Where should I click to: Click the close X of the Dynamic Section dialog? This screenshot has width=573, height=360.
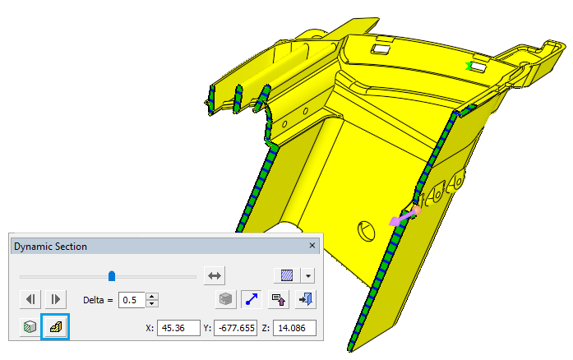pyautogui.click(x=312, y=246)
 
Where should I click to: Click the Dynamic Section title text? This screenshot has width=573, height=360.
pyautogui.click(x=50, y=246)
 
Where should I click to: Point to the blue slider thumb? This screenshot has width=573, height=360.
pyautogui.click(x=112, y=276)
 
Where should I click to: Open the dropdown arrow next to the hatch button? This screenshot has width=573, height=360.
pyautogui.click(x=307, y=276)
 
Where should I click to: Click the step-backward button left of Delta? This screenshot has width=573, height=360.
pyautogui.click(x=30, y=299)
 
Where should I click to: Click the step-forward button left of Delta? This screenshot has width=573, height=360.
pyautogui.click(x=54, y=299)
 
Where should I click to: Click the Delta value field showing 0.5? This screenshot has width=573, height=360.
pyautogui.click(x=132, y=300)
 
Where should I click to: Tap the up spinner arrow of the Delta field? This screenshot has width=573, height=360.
pyautogui.click(x=152, y=296)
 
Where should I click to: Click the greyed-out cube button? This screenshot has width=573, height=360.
pyautogui.click(x=224, y=299)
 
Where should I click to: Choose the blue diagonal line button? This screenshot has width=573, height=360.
pyautogui.click(x=249, y=299)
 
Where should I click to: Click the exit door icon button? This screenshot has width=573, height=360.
pyautogui.click(x=306, y=299)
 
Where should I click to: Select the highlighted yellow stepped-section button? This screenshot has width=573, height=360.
pyautogui.click(x=57, y=327)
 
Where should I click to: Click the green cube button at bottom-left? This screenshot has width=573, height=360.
pyautogui.click(x=30, y=327)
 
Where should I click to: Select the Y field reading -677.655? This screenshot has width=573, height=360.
pyautogui.click(x=235, y=327)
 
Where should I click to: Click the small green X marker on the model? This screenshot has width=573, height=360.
pyautogui.click(x=469, y=67)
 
